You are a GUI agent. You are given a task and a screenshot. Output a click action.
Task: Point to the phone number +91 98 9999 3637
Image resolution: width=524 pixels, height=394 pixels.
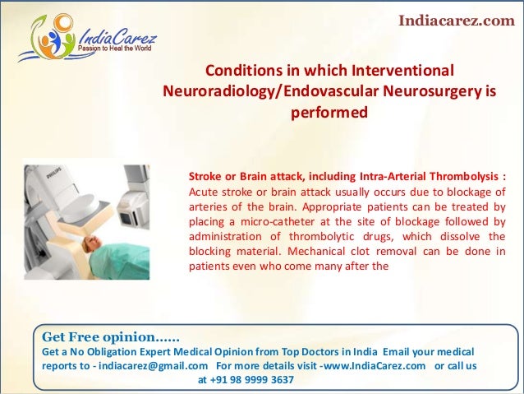click(251, 379)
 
